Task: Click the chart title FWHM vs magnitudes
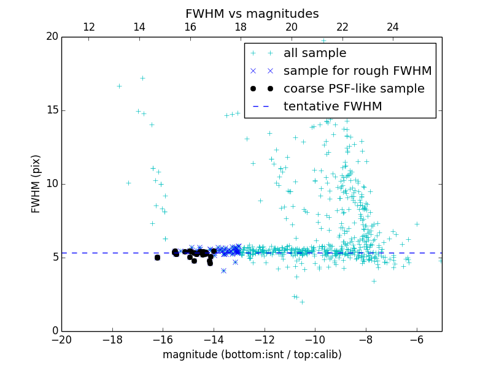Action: tap(252, 13)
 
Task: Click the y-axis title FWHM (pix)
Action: tap(36, 183)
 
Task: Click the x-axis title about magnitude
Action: tap(252, 355)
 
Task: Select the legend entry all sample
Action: tap(314, 53)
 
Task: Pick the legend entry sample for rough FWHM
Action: tap(357, 71)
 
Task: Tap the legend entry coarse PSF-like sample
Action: tap(354, 88)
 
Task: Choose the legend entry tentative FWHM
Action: tap(332, 106)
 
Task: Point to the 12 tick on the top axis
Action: tap(88, 27)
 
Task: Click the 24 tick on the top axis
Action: tap(393, 27)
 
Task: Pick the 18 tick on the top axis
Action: tap(241, 27)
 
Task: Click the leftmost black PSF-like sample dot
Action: tap(157, 258)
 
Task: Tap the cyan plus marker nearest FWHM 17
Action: tap(142, 79)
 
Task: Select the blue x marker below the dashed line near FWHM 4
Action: tap(223, 270)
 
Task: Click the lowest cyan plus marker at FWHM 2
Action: tap(302, 302)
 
